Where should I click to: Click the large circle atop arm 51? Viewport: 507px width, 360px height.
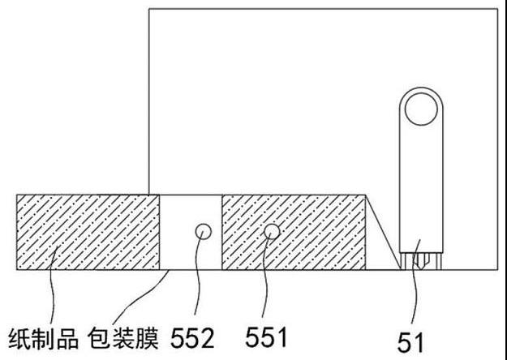point(419,108)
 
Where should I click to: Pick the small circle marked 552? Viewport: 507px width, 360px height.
point(202,232)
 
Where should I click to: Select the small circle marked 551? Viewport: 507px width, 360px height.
point(271,232)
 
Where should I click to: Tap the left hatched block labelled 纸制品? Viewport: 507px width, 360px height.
point(88,232)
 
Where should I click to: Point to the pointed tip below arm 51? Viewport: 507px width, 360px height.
point(419,263)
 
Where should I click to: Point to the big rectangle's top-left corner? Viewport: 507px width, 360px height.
point(149,9)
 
